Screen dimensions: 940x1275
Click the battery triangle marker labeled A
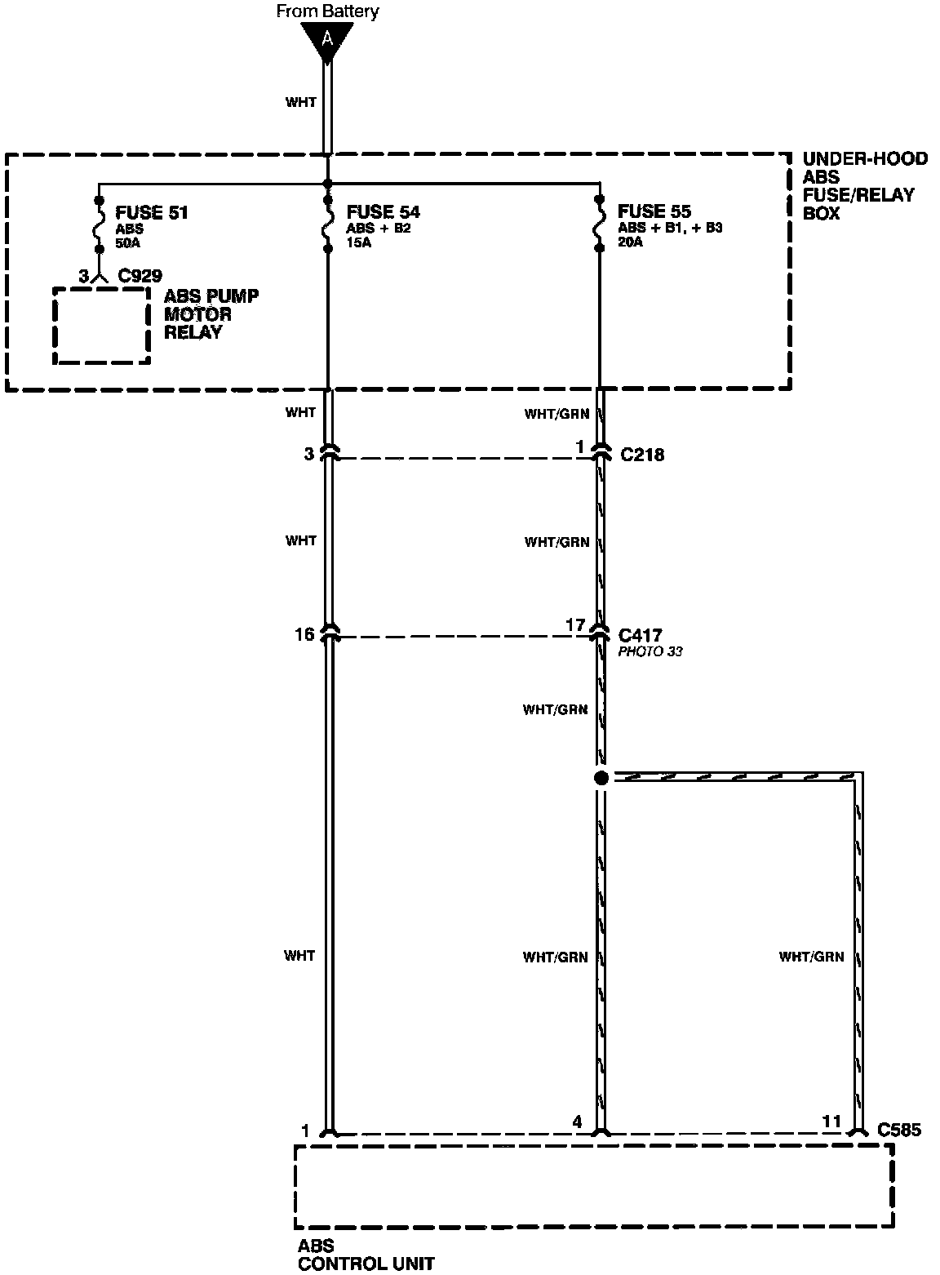point(327,41)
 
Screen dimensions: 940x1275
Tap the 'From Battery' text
point(327,11)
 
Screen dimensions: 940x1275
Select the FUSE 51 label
point(151,212)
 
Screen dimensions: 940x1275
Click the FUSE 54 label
point(383,211)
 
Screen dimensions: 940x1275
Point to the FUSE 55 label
point(654,211)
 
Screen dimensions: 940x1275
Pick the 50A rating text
point(127,243)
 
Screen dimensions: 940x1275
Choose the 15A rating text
point(358,242)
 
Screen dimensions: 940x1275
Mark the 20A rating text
point(631,242)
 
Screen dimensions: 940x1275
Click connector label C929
point(140,276)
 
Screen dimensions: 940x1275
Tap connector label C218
point(642,455)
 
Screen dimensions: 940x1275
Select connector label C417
point(641,635)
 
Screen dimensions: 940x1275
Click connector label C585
point(899,1130)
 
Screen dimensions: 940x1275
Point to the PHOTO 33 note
point(650,651)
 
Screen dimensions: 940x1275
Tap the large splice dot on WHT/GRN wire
point(601,778)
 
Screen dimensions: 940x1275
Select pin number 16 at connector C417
point(304,634)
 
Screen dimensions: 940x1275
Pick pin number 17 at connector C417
point(575,625)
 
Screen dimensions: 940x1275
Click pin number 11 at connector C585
point(831,1122)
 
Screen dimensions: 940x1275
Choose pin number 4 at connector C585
point(577,1122)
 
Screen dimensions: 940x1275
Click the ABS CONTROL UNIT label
point(366,1255)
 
